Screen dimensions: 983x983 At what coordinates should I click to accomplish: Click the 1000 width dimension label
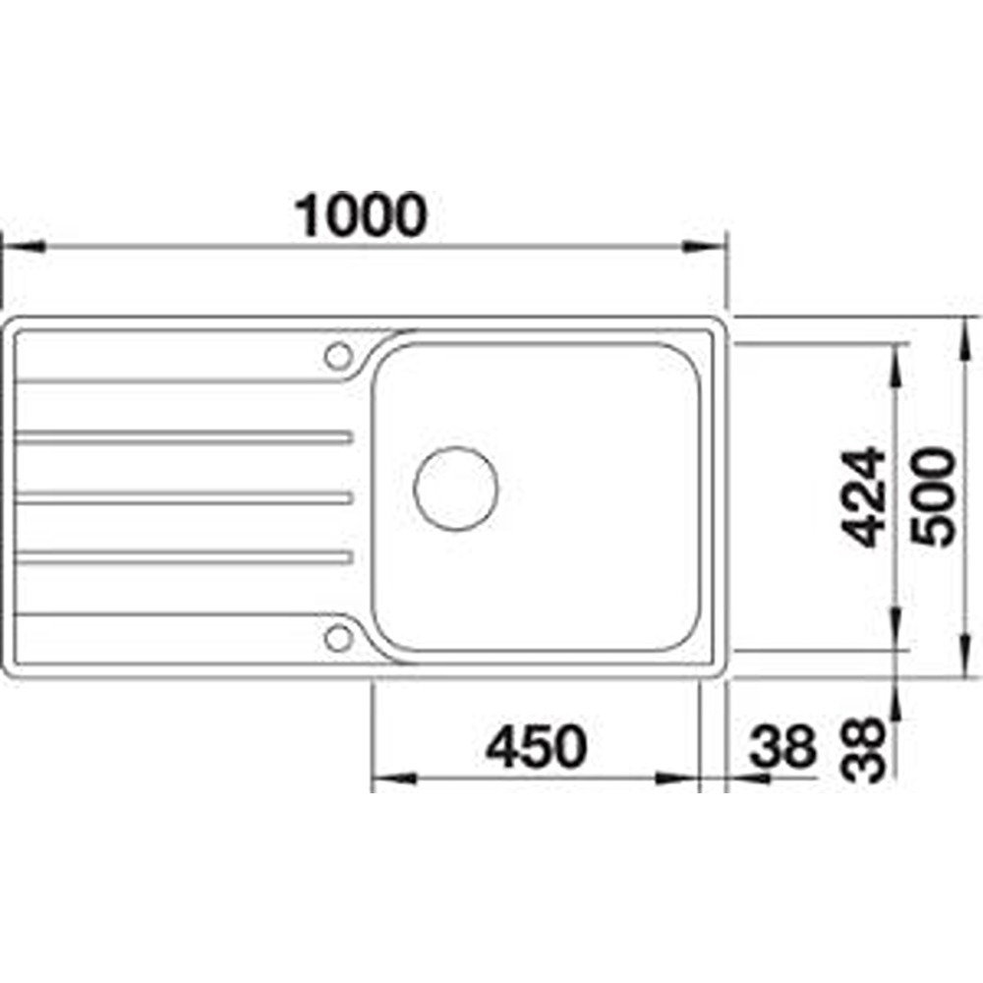[362, 215]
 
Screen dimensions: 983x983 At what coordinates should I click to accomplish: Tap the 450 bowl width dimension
[537, 747]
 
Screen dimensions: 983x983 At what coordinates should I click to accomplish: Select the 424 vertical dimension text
[863, 496]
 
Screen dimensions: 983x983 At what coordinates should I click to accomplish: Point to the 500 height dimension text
[935, 496]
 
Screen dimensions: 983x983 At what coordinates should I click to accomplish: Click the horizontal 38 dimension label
[783, 747]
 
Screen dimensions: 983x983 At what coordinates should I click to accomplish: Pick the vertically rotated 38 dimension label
[863, 750]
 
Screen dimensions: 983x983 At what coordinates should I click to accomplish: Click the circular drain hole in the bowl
[456, 489]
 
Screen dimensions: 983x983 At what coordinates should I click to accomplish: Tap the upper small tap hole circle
[338, 357]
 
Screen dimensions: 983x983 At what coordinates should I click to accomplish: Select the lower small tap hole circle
[338, 638]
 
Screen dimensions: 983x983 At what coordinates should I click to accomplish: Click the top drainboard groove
[183, 437]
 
